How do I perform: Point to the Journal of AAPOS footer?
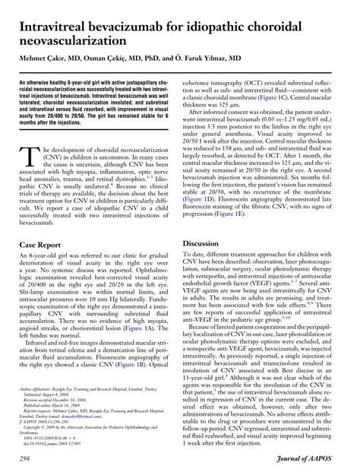(315, 461)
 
